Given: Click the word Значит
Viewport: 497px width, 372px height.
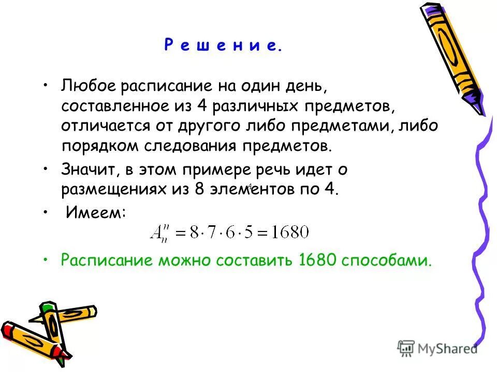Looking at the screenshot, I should point(86,169).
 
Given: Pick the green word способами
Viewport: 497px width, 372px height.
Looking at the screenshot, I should point(386,261).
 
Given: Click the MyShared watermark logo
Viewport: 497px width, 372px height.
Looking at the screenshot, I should point(437,348).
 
